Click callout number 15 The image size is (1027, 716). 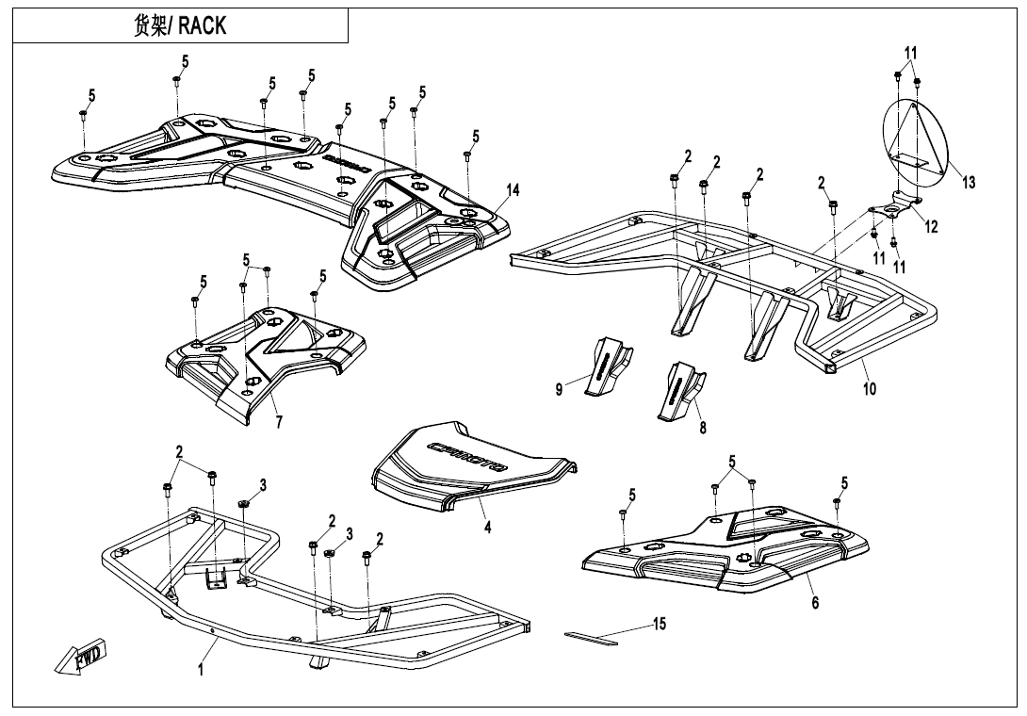pos(659,623)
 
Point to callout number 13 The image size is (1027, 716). pos(970,183)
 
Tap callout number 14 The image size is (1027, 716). pos(512,189)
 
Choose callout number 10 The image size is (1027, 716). pos(869,387)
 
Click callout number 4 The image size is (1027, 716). pos(488,528)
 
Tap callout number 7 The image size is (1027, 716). pos(279,422)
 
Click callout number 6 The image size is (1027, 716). pos(815,603)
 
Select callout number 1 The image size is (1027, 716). pos(201,669)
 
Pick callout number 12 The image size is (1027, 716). pos(931,226)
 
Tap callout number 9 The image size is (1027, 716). pos(559,389)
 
